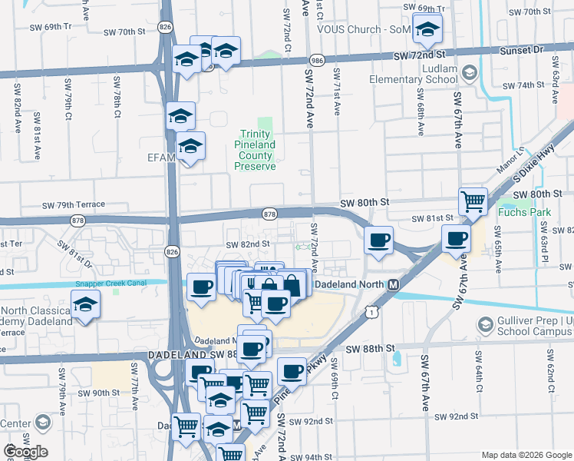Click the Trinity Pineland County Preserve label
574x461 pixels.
coord(256,150)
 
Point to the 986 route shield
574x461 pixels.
coord(316,60)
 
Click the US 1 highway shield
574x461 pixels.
coord(372,312)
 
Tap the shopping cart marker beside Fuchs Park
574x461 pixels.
coord(473,201)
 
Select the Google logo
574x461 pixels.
coord(25,452)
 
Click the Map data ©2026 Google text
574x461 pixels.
coord(526,455)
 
